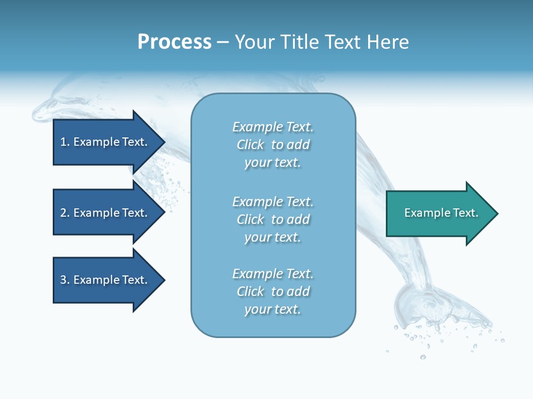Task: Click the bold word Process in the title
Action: pos(174,42)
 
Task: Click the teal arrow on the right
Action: pos(439,213)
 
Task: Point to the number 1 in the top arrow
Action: pos(63,142)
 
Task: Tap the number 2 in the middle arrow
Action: pos(63,213)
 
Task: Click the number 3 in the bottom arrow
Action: pos(63,280)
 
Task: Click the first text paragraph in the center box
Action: pos(273,145)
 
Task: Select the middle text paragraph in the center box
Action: pos(273,219)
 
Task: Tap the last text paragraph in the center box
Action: pos(273,291)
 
